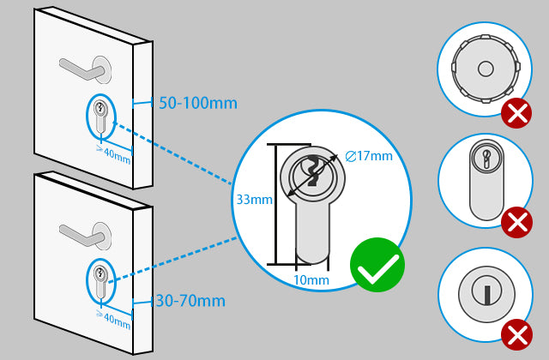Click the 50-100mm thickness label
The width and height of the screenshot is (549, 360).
(x=198, y=104)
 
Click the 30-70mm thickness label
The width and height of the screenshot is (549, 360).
(x=190, y=301)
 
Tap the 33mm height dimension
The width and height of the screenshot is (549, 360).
(x=254, y=200)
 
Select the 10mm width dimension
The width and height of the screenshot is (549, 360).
(x=311, y=280)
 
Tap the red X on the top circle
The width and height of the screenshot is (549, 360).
(x=516, y=112)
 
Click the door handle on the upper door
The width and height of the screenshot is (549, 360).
(x=82, y=67)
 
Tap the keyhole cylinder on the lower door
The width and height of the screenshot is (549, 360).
(x=101, y=282)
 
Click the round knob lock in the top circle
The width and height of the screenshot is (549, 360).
(x=484, y=68)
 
